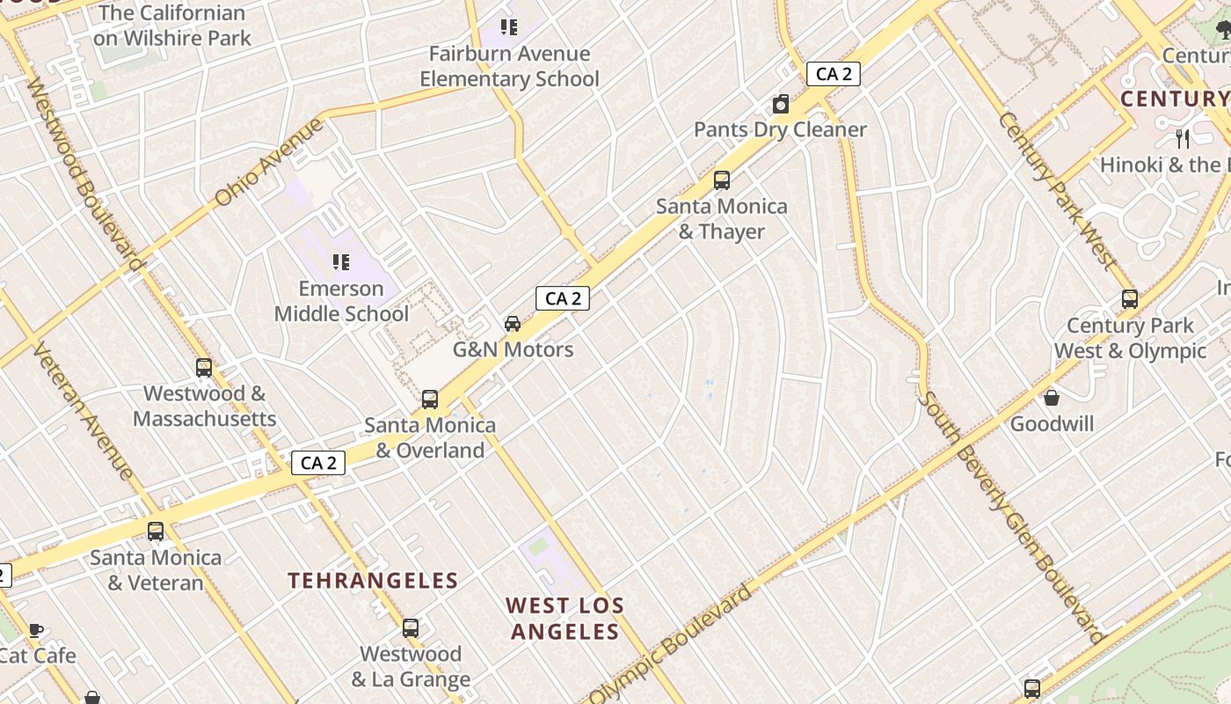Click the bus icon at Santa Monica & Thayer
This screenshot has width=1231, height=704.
click(722, 180)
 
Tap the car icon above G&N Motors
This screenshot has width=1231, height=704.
click(513, 324)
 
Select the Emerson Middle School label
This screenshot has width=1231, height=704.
click(341, 301)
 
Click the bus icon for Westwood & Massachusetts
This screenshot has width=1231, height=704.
click(204, 368)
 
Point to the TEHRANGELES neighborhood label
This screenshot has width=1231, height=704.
click(374, 581)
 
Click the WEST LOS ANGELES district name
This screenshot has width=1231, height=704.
click(565, 619)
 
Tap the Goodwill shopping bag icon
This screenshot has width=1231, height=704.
click(1052, 398)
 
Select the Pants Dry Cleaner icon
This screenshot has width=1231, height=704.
click(781, 105)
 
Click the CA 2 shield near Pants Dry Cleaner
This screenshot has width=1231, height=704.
click(834, 74)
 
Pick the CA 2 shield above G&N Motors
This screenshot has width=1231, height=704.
click(563, 298)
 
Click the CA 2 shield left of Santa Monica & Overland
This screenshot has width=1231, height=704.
click(318, 463)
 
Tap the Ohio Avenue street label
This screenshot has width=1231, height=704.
click(268, 163)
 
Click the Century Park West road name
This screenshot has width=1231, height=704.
click(1056, 191)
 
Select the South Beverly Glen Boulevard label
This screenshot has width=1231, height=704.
click(1011, 517)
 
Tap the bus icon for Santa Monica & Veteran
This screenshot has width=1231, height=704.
click(156, 532)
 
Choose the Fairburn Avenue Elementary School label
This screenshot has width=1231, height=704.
click(509, 66)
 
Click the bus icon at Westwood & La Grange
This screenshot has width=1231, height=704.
click(411, 628)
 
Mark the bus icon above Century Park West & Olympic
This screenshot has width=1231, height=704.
click(1130, 299)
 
